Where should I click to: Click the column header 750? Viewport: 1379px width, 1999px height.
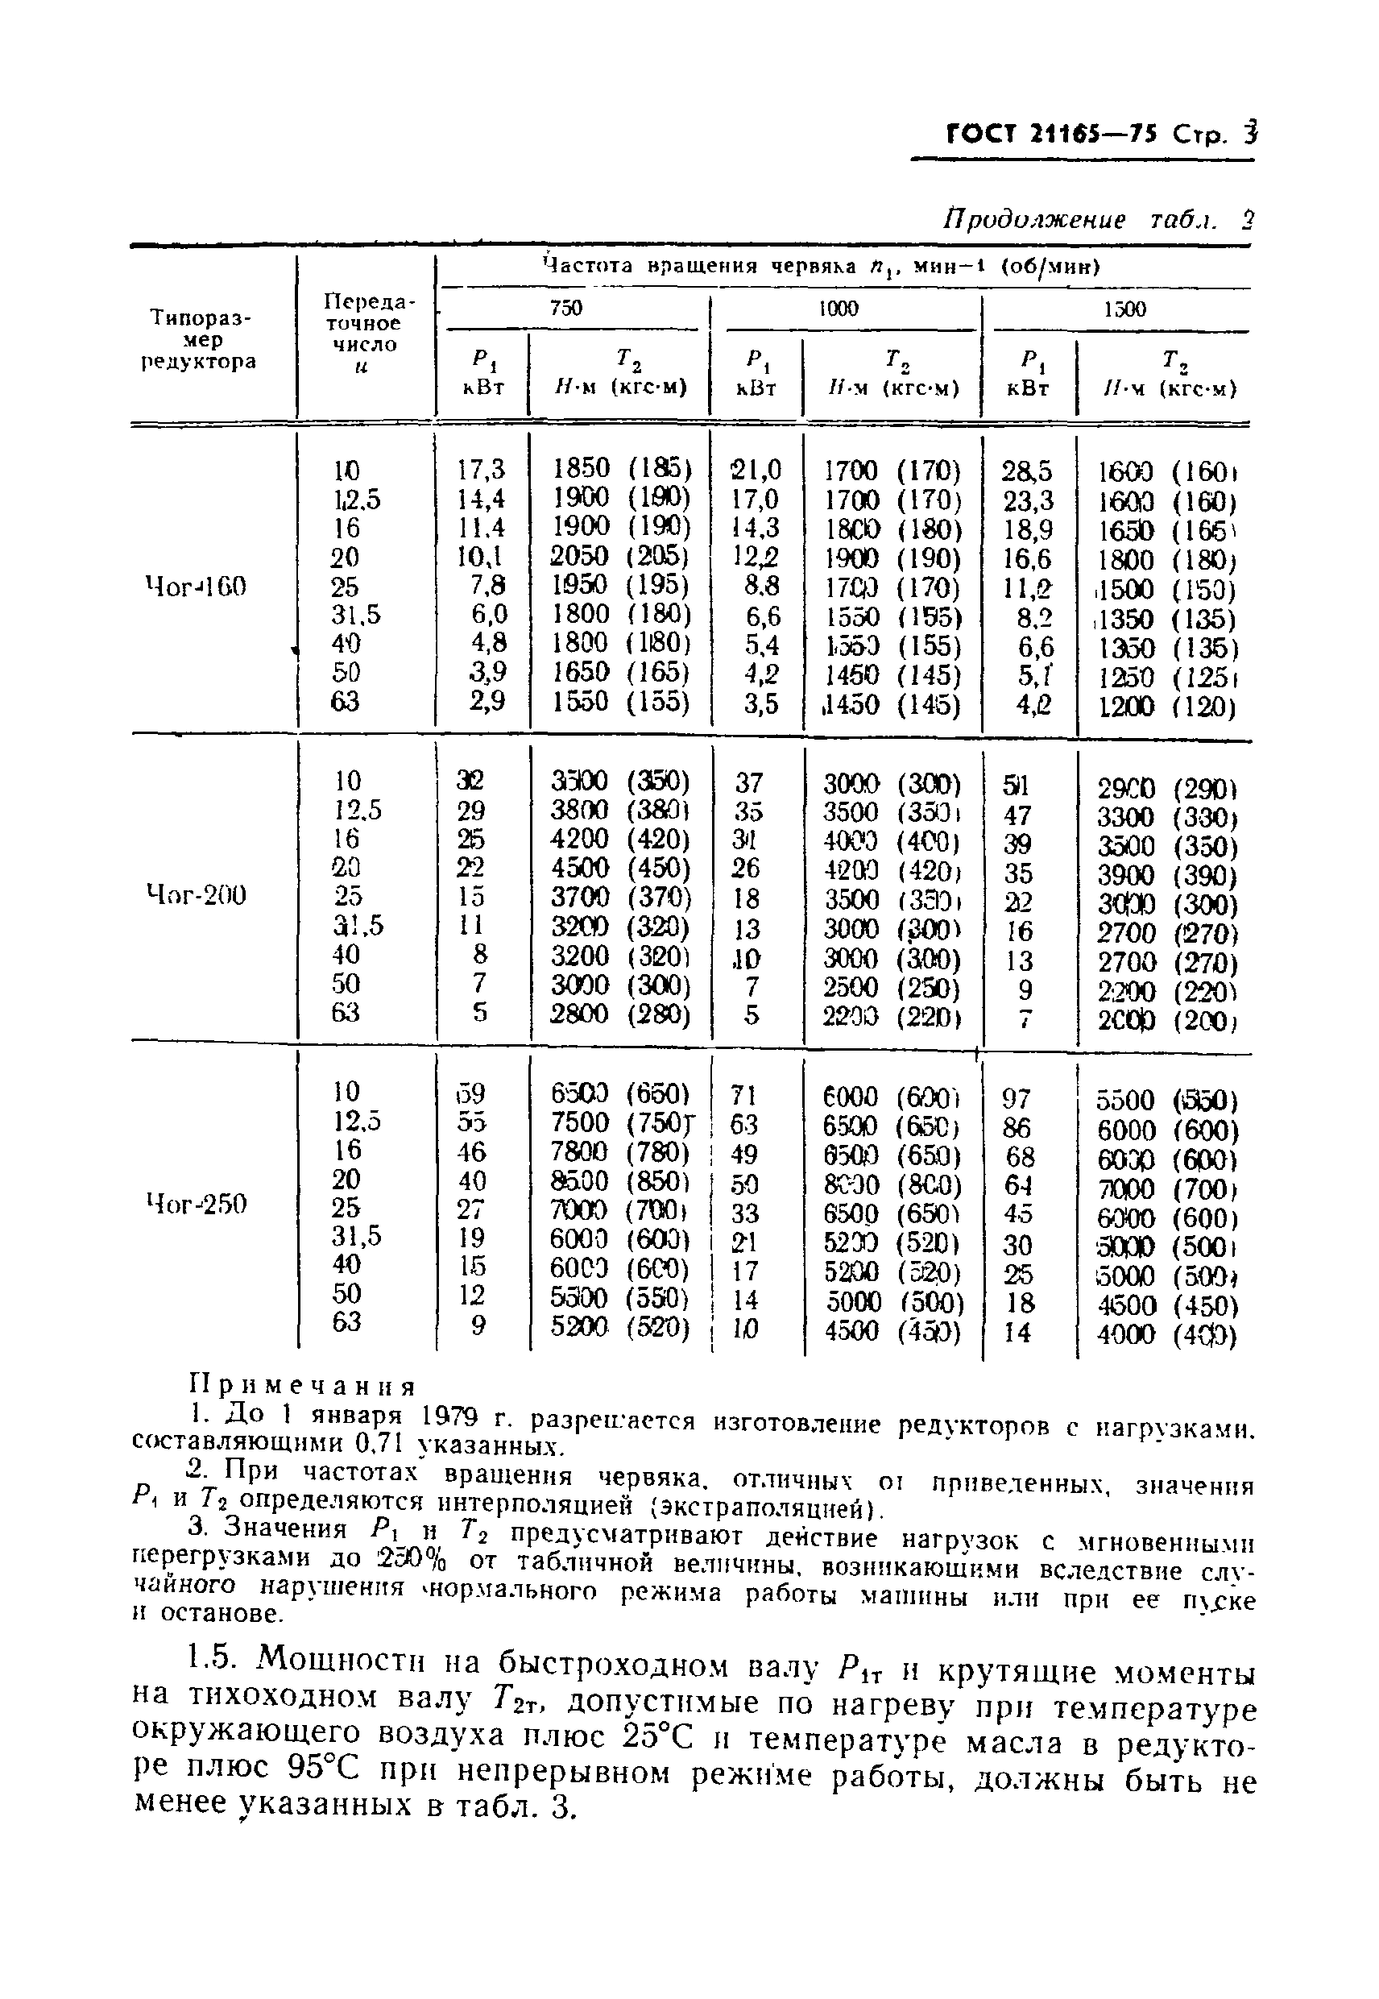click(566, 309)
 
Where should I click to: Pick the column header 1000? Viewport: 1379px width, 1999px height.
click(839, 309)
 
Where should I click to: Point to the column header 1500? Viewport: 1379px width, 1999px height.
click(1124, 309)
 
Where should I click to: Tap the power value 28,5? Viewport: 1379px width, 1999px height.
click(1026, 471)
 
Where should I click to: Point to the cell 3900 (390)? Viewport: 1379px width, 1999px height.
click(1166, 876)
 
